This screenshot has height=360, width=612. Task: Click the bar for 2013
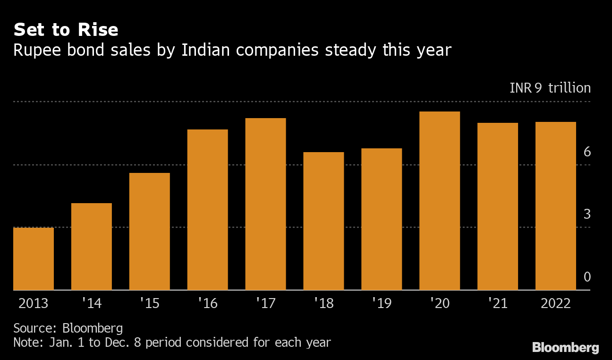click(x=34, y=258)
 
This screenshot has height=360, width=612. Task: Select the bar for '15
click(x=149, y=231)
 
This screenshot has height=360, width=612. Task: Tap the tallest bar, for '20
click(x=440, y=200)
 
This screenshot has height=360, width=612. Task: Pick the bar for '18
click(x=323, y=221)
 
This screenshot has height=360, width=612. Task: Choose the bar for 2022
click(x=556, y=206)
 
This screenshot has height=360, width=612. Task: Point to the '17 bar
click(x=265, y=204)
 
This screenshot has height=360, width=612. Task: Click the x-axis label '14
click(x=91, y=303)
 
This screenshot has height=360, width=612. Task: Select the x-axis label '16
click(x=207, y=303)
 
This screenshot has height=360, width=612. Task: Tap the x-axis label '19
click(x=382, y=303)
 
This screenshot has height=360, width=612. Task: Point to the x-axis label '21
click(x=497, y=303)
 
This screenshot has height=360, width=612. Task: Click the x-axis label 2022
click(x=556, y=303)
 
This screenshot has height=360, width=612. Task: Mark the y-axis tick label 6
click(x=587, y=152)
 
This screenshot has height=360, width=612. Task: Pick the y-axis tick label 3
click(x=587, y=214)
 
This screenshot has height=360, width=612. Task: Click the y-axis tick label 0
click(x=587, y=277)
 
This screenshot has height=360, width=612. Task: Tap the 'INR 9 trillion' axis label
click(x=550, y=88)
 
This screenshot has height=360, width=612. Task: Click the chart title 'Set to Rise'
click(x=66, y=30)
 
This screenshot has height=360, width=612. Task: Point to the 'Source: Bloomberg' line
click(x=68, y=328)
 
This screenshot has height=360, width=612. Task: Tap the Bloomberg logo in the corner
click(x=565, y=348)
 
